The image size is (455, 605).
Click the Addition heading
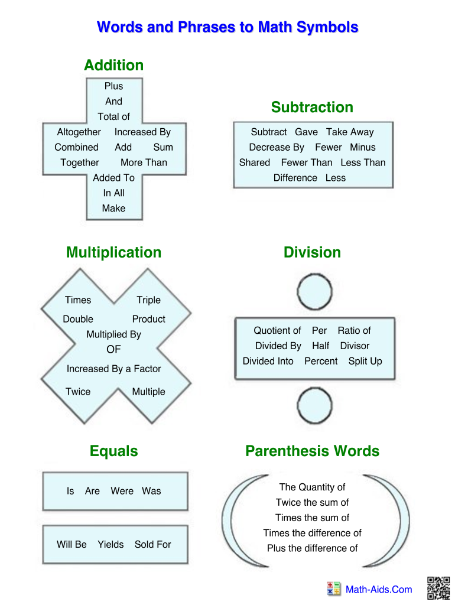coord(113,65)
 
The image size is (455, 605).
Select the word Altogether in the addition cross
coord(79,132)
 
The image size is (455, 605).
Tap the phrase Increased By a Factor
coord(113,369)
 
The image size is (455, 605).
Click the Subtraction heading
coord(312,107)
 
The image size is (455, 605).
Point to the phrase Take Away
coord(350,132)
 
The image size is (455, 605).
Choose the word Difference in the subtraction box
coord(295,178)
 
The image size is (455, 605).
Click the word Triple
coord(148,300)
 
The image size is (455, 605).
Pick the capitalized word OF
coord(113,349)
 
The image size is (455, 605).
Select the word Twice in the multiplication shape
coord(78,392)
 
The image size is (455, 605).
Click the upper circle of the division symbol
coord(315,291)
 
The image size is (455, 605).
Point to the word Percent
coord(321,361)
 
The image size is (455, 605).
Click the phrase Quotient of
coord(277,331)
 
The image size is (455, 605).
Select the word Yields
coord(110,545)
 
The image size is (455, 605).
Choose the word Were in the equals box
coord(122,491)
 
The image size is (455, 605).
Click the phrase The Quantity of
coord(312,487)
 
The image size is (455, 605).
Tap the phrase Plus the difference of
coord(312,548)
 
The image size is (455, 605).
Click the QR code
coord(438,588)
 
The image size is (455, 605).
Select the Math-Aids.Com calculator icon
coord(333,588)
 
